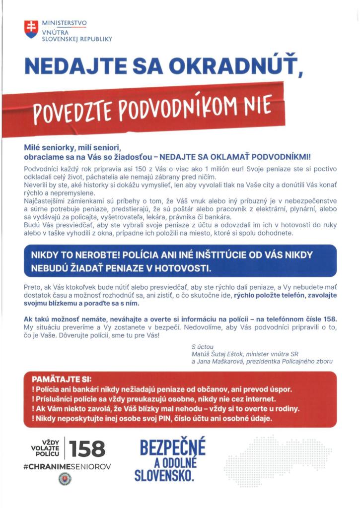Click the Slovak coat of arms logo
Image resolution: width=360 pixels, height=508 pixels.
click(31, 30)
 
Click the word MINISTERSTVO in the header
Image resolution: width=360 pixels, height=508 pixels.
click(65, 23)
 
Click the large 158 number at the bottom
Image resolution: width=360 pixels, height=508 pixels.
click(87, 449)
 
